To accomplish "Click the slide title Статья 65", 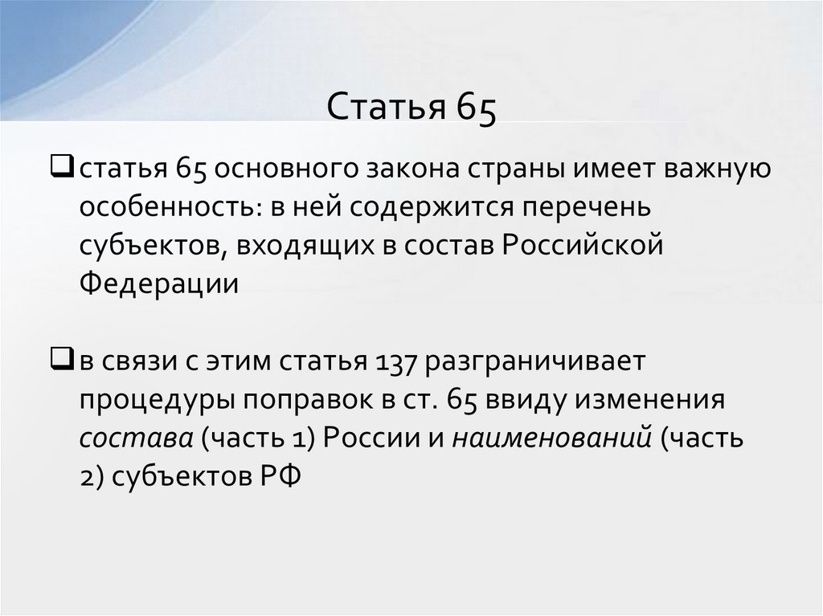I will coord(411,107).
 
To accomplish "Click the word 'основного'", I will coord(286,171).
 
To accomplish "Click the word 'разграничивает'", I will coord(536,362).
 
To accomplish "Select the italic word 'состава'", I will coord(135,439).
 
